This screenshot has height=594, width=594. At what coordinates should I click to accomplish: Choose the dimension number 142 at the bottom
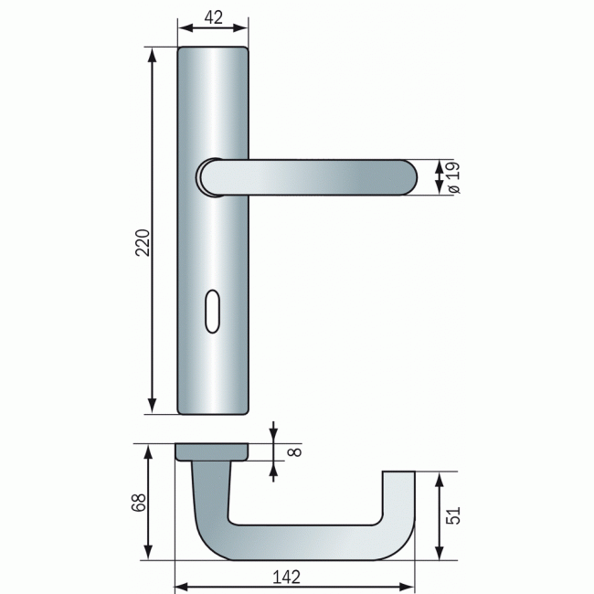pos(286,577)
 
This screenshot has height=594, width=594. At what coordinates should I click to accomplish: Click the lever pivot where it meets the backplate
pos(212,177)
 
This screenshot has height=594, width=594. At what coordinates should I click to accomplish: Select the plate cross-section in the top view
pos(212,451)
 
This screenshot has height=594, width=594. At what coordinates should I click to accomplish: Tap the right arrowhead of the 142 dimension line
pos(408,586)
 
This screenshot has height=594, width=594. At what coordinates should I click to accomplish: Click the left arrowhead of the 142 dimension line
pos(181,586)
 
